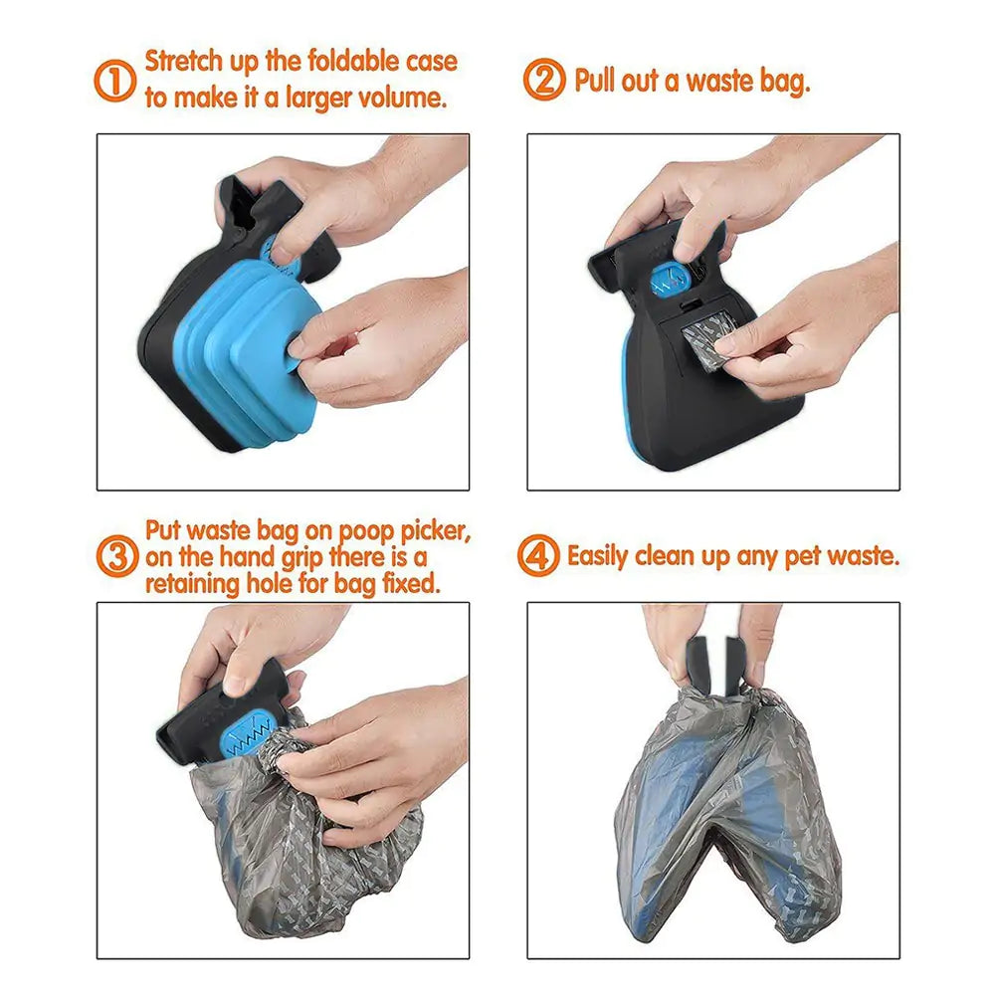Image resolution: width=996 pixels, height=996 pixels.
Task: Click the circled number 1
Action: (x=115, y=80)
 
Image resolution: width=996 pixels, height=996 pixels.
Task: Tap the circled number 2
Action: (x=544, y=80)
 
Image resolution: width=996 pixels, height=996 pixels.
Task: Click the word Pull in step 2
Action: (x=595, y=80)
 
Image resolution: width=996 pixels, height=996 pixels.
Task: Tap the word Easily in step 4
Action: (x=599, y=556)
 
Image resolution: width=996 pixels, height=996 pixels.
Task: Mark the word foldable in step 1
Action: (x=322, y=62)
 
